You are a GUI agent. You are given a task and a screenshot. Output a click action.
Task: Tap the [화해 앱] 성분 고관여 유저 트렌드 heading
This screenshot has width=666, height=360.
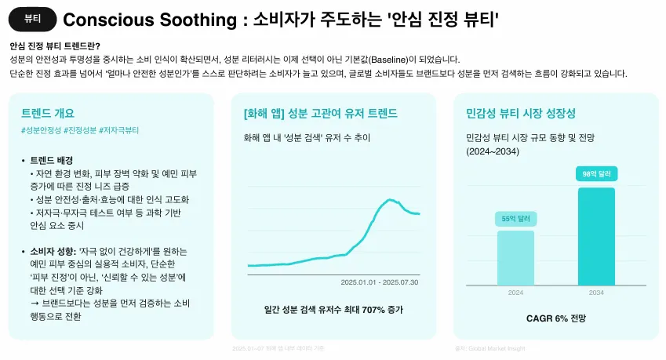pyautogui.click(x=322, y=112)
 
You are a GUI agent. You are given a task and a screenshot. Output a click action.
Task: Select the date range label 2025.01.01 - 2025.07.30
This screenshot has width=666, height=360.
pyautogui.click(x=379, y=282)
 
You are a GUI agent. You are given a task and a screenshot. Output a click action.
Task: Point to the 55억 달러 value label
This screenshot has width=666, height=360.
pyautogui.click(x=515, y=220)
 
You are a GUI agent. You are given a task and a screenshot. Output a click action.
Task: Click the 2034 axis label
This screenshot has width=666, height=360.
pyautogui.click(x=596, y=292)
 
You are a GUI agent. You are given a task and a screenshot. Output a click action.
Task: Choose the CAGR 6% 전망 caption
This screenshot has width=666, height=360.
pyautogui.click(x=555, y=318)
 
